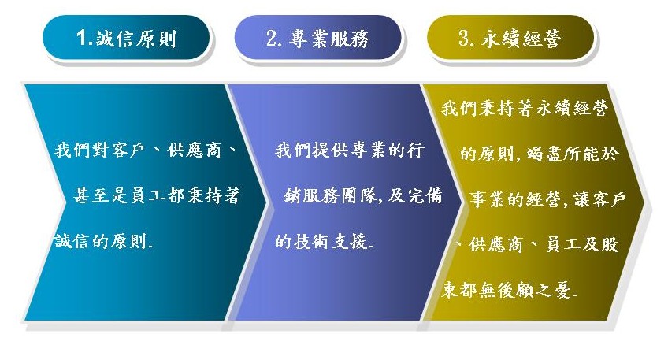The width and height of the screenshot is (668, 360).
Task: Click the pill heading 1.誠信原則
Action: pos(126,38)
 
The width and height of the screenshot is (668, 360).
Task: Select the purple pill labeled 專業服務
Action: pos(317,38)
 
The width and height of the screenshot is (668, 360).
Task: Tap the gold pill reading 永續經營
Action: pos(510,38)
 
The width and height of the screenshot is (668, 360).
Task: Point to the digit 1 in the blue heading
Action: pos(82,38)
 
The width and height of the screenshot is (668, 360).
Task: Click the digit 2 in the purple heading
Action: pos(272,38)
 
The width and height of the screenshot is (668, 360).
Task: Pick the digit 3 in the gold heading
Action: pos(464,38)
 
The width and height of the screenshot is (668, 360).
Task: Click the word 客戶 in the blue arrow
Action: pos(128,150)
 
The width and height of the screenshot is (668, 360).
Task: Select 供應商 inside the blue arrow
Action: pos(195,150)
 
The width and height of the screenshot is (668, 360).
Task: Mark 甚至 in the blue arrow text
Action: pos(91,195)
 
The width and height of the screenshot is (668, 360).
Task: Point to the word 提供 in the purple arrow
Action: pos(330,150)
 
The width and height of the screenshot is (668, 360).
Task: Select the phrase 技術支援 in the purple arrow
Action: pos(331,241)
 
